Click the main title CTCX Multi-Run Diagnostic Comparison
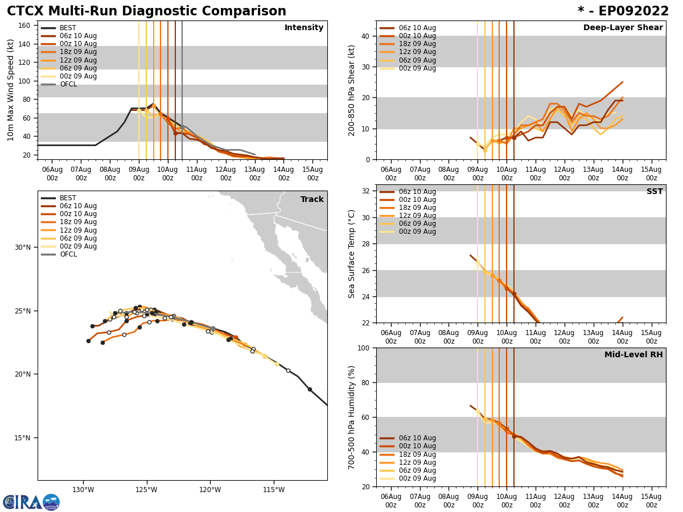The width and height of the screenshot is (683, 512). (146, 11)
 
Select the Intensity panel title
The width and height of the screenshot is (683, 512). (303, 28)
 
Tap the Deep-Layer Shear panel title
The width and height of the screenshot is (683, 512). (623, 28)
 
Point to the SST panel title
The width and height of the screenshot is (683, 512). (654, 192)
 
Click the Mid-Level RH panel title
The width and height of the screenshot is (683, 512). (633, 355)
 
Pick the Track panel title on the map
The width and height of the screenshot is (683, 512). (312, 200)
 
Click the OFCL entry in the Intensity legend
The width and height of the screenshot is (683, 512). (68, 84)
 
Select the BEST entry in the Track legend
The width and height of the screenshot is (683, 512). (68, 198)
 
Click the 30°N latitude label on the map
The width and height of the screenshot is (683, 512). (22, 247)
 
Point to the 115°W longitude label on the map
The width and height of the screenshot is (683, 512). (274, 490)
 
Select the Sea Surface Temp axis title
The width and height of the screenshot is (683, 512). (352, 254)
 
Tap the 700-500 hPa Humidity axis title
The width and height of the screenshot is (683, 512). (352, 417)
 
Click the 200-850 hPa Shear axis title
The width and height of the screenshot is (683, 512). (352, 90)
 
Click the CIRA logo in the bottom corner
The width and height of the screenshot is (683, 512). (31, 502)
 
